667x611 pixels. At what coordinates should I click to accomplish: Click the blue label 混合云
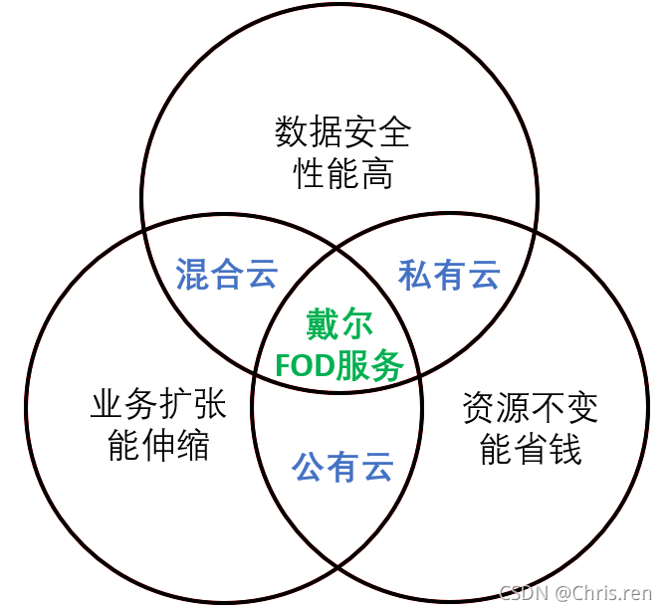pyautogui.click(x=226, y=274)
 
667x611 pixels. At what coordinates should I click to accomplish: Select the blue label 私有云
pyautogui.click(x=449, y=274)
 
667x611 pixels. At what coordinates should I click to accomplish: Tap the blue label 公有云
pyautogui.click(x=342, y=466)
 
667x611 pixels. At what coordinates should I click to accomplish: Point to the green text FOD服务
pyautogui.click(x=339, y=366)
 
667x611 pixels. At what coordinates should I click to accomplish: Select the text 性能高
pyautogui.click(x=342, y=174)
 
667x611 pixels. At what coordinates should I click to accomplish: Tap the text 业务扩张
pyautogui.click(x=158, y=404)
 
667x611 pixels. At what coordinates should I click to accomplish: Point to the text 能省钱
pyautogui.click(x=530, y=448)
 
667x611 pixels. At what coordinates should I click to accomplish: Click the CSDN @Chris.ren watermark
pyautogui.click(x=575, y=593)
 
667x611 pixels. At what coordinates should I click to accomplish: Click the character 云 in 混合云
pyautogui.click(x=261, y=274)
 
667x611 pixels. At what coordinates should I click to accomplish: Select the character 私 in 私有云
pyautogui.click(x=415, y=274)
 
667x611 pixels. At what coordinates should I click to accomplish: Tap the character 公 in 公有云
pyautogui.click(x=309, y=466)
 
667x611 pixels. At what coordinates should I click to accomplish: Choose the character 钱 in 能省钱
pyautogui.click(x=564, y=448)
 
